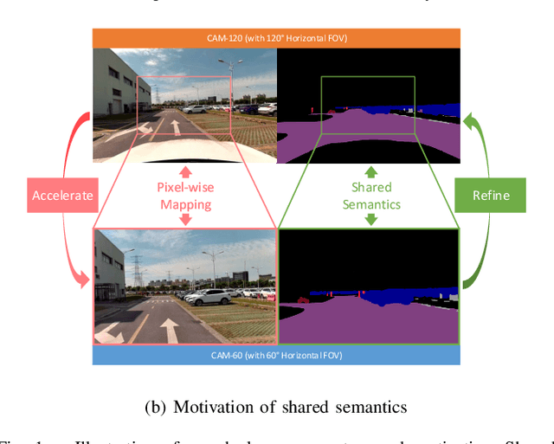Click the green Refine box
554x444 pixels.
coord(491,196)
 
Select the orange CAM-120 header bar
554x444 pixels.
coord(277,36)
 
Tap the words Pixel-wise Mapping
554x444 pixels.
coord(185,195)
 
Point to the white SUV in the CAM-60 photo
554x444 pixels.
coord(209,297)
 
